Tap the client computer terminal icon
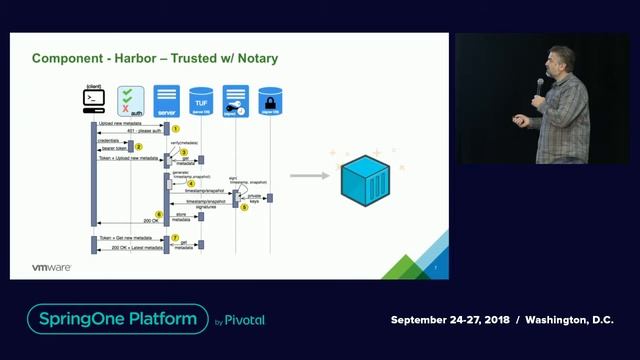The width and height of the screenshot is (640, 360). [94, 100]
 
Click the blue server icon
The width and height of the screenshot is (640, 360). [167, 100]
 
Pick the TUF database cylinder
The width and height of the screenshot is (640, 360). [201, 100]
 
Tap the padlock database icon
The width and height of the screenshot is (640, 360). [268, 100]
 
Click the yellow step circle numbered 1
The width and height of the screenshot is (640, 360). [174, 129]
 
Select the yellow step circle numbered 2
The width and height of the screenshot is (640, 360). [139, 147]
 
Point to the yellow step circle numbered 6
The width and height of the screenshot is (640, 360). [158, 214]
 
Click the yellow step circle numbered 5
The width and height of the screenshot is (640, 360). [244, 207]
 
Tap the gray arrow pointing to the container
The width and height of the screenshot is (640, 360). [311, 176]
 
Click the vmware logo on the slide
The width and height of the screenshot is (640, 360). [50, 267]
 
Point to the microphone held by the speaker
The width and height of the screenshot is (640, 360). [540, 86]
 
